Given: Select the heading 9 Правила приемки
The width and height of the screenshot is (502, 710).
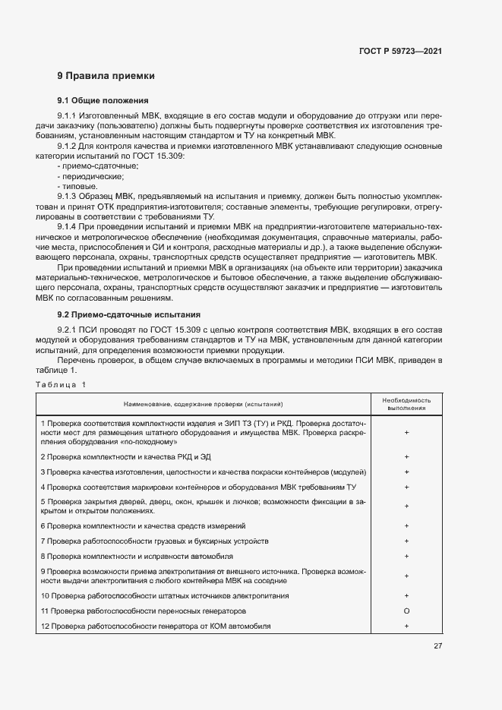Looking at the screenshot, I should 106,76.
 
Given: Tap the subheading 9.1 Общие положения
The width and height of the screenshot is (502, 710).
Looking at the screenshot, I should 103,101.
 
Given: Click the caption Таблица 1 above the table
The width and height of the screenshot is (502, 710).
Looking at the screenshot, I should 62,385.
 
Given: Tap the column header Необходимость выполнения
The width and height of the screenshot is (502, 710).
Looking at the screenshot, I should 406,402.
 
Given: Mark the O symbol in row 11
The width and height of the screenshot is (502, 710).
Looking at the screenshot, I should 407,611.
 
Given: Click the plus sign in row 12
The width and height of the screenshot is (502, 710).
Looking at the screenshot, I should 407,626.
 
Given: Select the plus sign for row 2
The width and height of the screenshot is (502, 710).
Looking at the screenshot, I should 407,457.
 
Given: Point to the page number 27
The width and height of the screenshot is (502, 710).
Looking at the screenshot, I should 437,646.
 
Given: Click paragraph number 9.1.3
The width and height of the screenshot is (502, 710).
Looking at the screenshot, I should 68,195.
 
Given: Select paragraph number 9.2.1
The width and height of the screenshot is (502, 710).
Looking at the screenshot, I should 68,330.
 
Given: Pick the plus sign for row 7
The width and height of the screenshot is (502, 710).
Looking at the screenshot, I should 407,541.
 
